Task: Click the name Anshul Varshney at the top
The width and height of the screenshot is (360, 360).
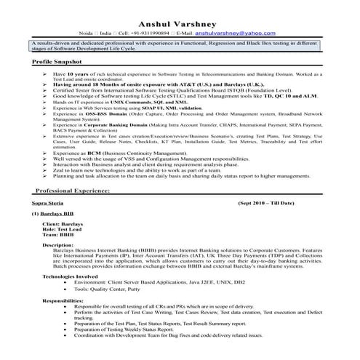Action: tap(180, 21)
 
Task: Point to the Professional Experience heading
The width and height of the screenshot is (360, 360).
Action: tap(73, 190)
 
